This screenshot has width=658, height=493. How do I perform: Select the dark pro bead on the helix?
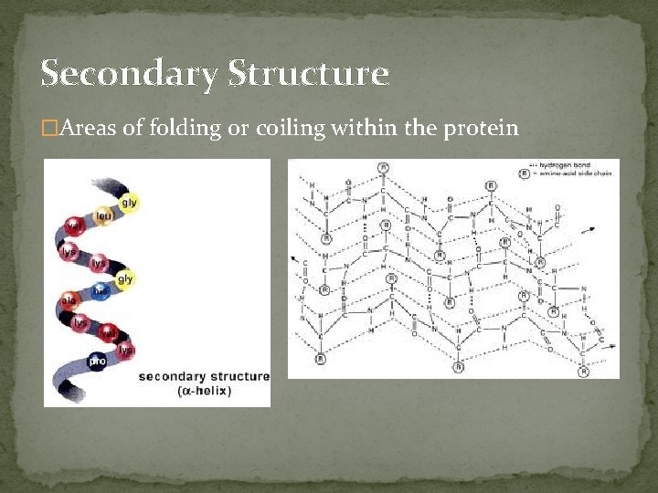click(97, 361)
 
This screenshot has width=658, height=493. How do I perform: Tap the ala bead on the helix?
click(69, 299)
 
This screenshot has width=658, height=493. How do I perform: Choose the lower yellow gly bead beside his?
click(124, 278)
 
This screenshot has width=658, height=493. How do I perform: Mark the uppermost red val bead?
click(73, 223)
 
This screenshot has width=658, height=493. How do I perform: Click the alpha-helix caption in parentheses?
click(207, 391)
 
